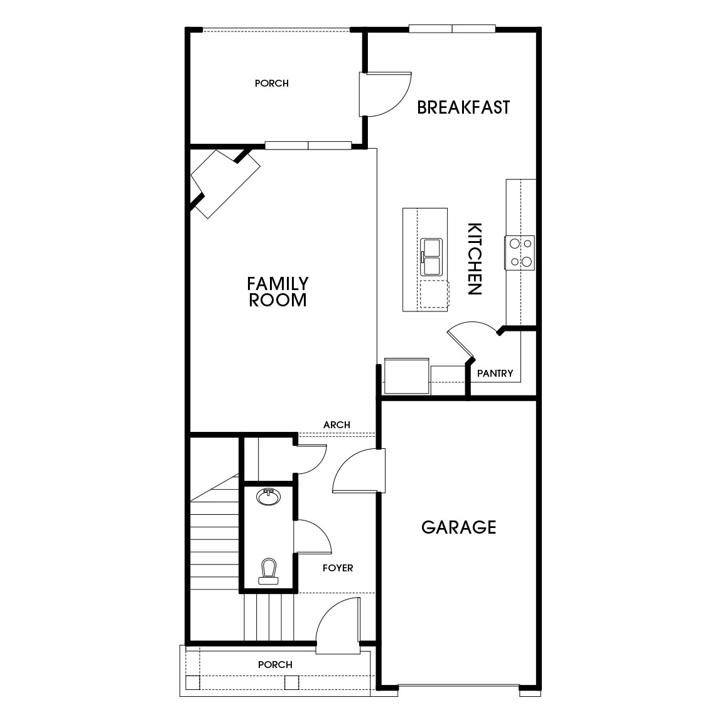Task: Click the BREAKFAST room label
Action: pos(463,107)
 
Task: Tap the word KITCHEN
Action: pos(475,259)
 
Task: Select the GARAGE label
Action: pos(458,527)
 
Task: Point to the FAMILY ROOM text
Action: pos(277,292)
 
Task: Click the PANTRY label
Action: pos(495,374)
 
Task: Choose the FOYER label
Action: pos(338,568)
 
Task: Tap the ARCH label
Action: pos(337,425)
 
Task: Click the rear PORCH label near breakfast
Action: pos(272,83)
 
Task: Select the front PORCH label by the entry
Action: pos(275,664)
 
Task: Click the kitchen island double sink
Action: pos(431,256)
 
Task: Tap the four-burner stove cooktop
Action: pos(520,252)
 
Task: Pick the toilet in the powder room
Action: pos(269,571)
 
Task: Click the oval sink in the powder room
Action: pos(269,497)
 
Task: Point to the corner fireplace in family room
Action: pos(225,183)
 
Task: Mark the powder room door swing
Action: pos(312,537)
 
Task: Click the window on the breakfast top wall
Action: pos(452,28)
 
